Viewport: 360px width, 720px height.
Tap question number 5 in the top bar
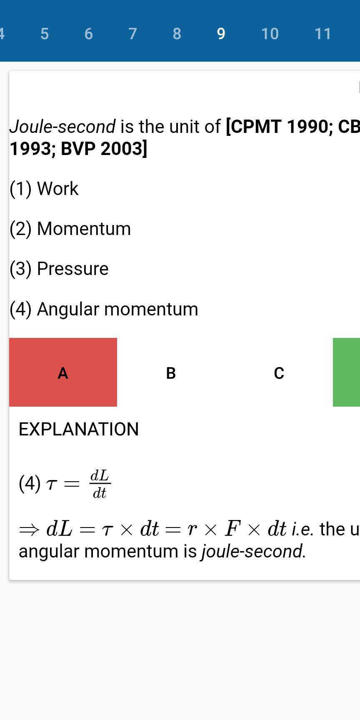pos(45,34)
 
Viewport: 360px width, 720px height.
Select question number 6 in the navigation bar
pos(88,34)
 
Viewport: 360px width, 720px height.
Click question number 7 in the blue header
pos(132,34)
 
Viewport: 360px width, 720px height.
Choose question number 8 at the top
pos(177,34)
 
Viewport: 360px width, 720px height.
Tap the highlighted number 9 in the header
pos(221,34)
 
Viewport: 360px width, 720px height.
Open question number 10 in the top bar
pos(270,34)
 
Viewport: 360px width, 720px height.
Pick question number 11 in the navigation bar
pos(322,34)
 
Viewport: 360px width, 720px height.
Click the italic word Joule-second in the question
pos(62,126)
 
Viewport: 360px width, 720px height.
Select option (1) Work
pos(44,188)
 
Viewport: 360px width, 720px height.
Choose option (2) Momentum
pos(70,228)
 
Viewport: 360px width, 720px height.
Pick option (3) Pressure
pos(59,268)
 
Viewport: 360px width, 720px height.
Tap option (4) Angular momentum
pos(104,309)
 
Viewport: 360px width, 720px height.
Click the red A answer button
pos(63,372)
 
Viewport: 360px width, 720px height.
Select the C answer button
pos(279,372)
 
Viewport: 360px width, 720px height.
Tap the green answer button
pos(346,372)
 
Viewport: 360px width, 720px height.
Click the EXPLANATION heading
pos(79,429)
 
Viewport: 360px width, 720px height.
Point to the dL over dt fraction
pos(100,484)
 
